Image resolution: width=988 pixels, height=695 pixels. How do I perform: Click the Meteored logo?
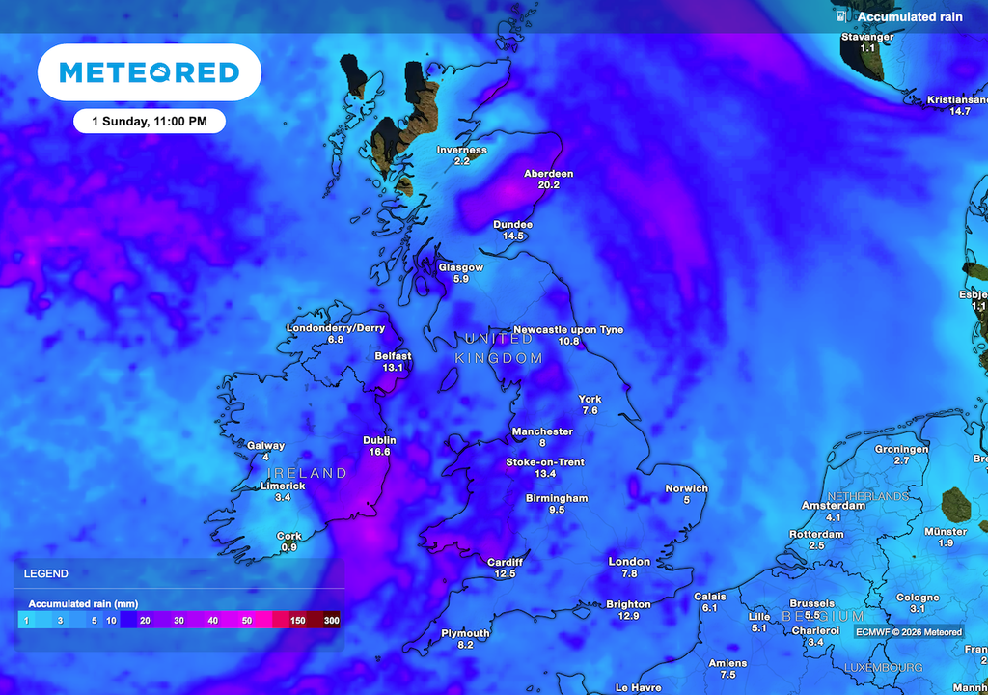149,72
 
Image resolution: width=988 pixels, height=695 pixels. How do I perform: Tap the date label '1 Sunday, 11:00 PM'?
150,121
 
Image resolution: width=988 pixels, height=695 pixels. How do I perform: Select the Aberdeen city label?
548,174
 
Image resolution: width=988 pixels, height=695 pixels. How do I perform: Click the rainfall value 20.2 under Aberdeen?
548,184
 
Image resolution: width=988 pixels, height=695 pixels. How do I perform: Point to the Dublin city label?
379,440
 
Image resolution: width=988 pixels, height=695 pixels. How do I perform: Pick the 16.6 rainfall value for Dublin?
379,452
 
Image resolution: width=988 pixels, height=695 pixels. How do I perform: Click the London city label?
629,562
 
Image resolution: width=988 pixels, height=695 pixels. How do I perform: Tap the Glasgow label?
460,267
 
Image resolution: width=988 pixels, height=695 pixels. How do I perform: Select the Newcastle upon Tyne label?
568,330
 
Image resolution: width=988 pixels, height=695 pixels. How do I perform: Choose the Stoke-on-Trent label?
545,462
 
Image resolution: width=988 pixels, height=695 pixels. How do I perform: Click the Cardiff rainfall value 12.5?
505,573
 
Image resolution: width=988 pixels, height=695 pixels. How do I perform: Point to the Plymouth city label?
465,633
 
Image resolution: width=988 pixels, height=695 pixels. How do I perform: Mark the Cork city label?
288,536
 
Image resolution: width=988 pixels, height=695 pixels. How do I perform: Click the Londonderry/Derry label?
335,328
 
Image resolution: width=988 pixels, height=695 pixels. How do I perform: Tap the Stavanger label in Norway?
867,37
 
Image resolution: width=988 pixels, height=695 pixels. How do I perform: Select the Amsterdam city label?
834,506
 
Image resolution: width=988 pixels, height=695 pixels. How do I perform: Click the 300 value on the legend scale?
331,620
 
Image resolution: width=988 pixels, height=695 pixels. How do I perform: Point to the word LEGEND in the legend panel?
45,573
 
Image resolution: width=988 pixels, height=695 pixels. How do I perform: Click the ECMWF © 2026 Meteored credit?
908,632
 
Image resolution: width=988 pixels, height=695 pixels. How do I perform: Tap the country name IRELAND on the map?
306,473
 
